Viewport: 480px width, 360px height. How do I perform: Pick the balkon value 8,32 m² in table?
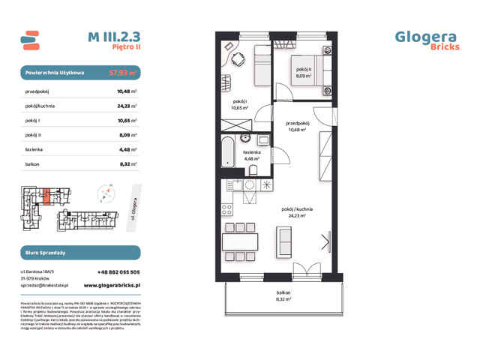(127, 163)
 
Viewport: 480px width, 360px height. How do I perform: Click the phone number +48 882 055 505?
(118, 272)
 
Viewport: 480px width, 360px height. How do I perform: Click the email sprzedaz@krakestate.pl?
(46, 286)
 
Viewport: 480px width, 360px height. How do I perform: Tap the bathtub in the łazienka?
(226, 157)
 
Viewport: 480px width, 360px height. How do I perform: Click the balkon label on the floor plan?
(283, 295)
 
